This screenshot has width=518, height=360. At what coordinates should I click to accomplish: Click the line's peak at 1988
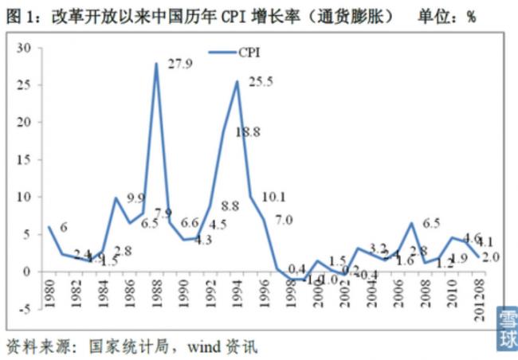click(156, 64)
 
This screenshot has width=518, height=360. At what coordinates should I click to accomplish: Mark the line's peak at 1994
click(237, 81)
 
